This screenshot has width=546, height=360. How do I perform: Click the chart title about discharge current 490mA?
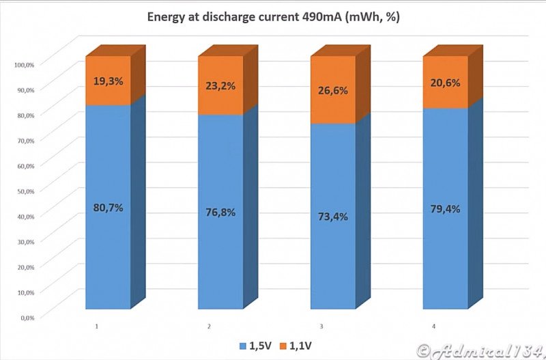(x=273, y=16)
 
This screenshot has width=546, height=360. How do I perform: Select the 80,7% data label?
(x=107, y=208)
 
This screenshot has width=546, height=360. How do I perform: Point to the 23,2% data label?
(x=220, y=86)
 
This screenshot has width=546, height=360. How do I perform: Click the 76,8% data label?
(x=220, y=212)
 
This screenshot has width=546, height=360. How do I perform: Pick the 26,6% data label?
(x=332, y=91)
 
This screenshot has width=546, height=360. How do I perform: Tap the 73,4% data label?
(x=332, y=217)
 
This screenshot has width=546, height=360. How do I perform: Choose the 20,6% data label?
(x=445, y=82)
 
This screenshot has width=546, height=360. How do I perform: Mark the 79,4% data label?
(x=445, y=209)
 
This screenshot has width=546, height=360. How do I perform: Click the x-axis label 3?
(x=321, y=327)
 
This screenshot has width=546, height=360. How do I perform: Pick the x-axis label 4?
(x=433, y=327)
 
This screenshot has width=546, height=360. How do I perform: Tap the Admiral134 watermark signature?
(x=480, y=350)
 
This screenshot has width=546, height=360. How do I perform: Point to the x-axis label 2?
(x=209, y=327)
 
